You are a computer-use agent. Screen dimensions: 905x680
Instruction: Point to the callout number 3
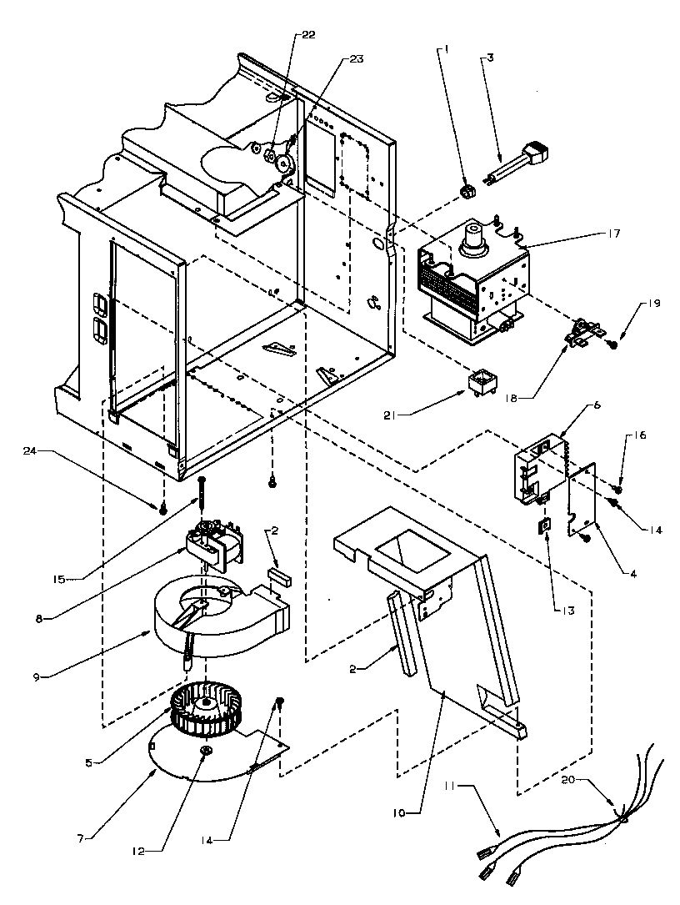tap(491, 57)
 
